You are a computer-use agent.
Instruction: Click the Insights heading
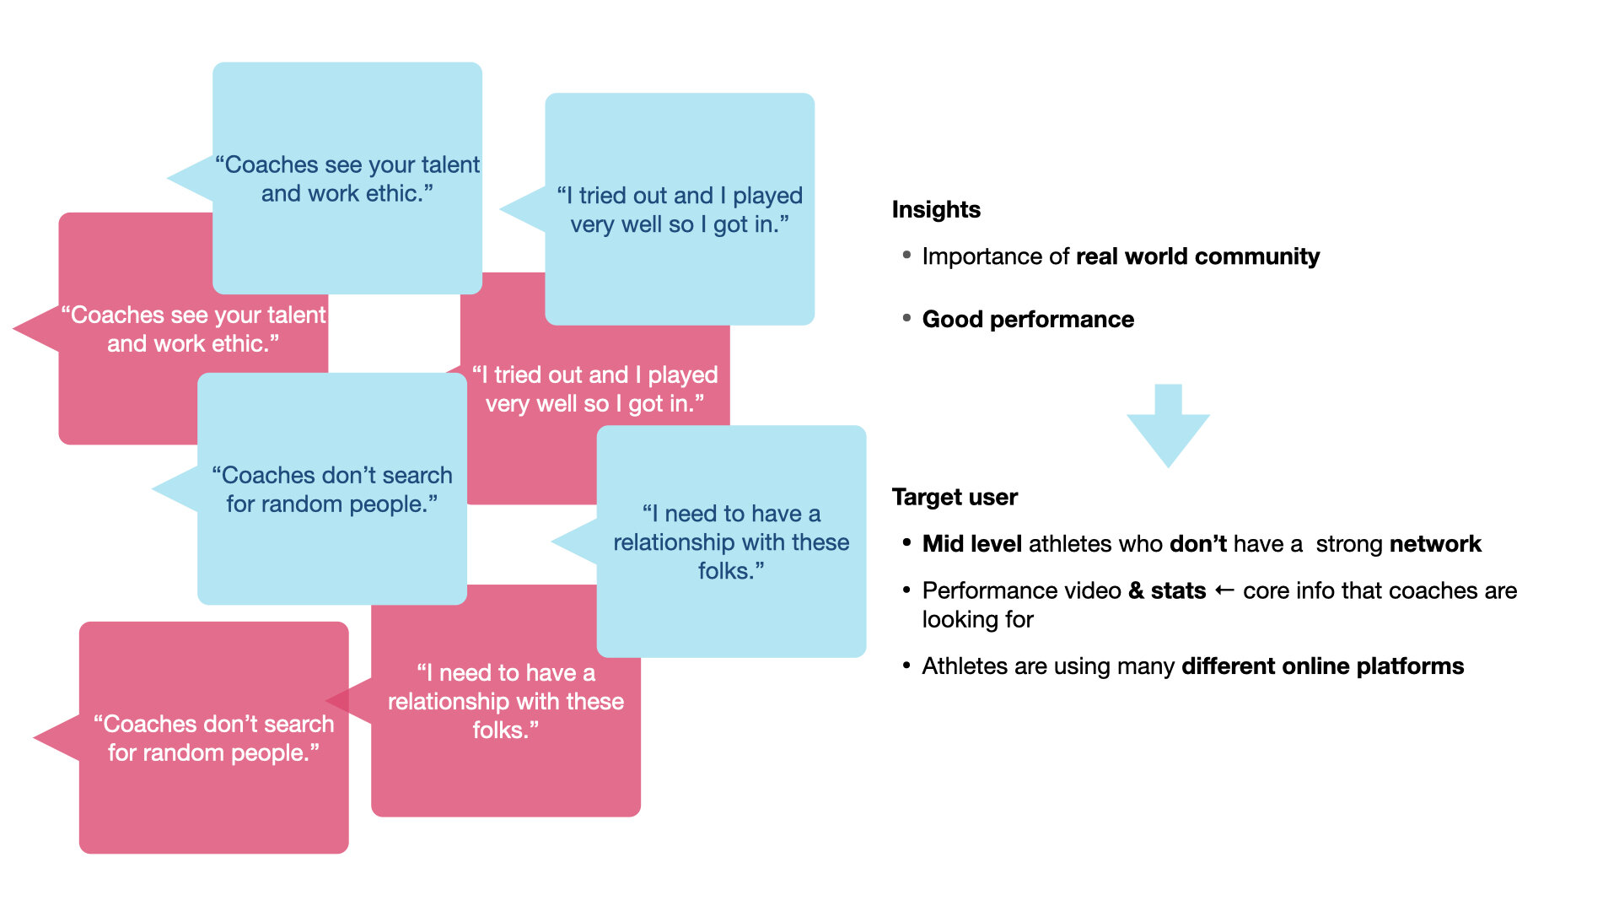click(x=936, y=209)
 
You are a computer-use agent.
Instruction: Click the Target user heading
click(x=955, y=497)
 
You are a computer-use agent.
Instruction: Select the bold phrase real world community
click(x=1197, y=256)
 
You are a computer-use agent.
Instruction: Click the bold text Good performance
click(x=1028, y=320)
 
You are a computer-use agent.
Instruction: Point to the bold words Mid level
click(x=971, y=544)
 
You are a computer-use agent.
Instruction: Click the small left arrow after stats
click(x=1224, y=590)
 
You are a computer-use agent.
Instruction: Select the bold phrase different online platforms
click(x=1322, y=666)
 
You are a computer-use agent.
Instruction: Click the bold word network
click(x=1435, y=544)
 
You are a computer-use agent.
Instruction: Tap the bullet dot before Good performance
click(x=906, y=318)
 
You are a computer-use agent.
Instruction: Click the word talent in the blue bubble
click(x=450, y=164)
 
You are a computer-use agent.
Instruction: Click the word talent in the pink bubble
click(x=296, y=315)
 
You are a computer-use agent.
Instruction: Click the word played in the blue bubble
click(x=767, y=196)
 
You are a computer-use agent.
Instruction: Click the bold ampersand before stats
click(x=1136, y=590)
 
